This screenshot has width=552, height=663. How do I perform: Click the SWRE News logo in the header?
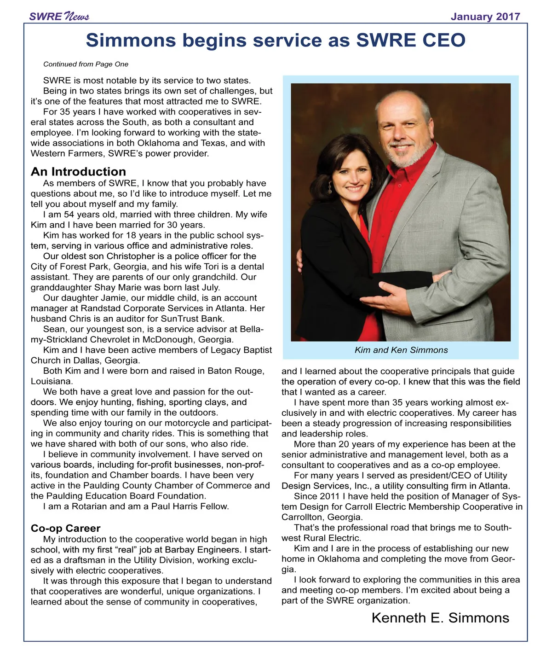(59, 17)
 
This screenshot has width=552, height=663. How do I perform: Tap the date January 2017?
(485, 17)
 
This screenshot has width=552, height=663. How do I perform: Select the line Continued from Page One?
(86, 64)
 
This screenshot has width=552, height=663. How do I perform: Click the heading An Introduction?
(78, 172)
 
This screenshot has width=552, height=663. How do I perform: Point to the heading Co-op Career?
(65, 528)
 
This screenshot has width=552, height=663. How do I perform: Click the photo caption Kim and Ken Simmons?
(401, 350)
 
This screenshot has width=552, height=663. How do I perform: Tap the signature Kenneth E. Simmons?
(440, 618)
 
